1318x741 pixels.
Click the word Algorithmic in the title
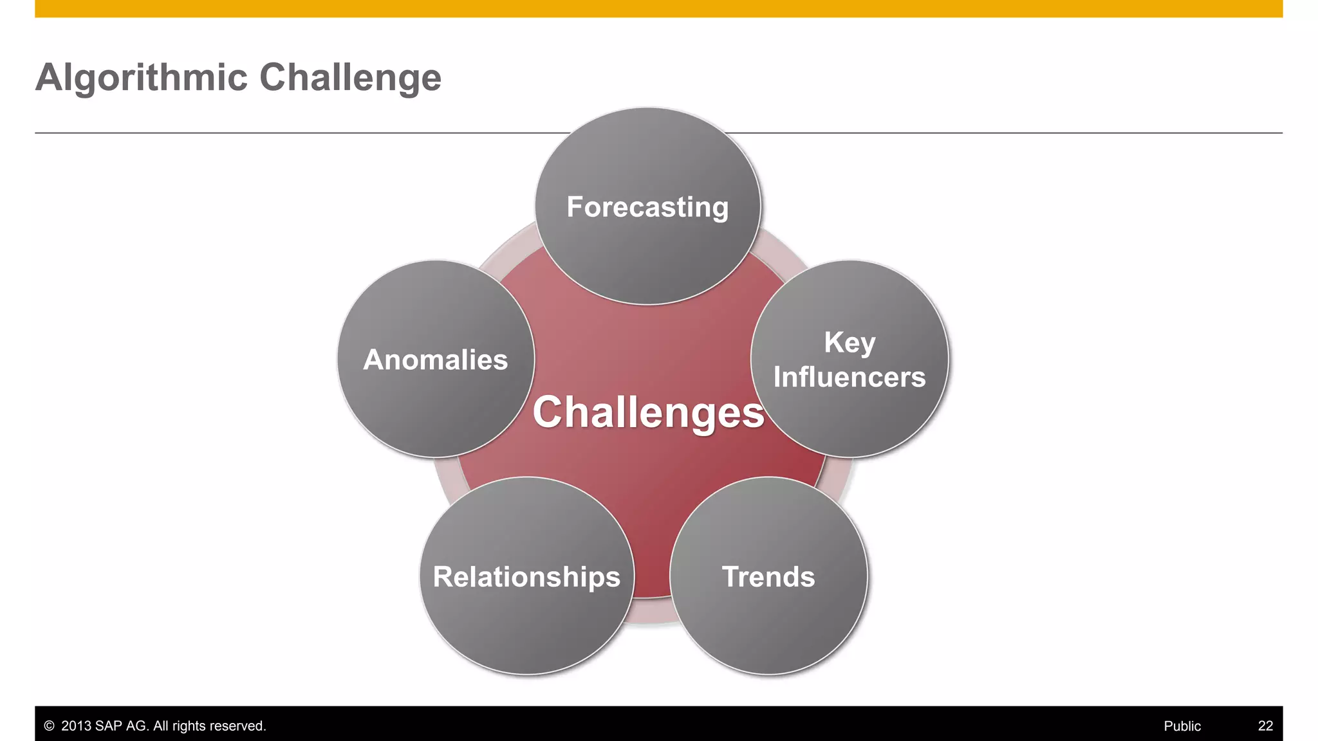tap(142, 78)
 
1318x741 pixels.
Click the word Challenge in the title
tap(350, 78)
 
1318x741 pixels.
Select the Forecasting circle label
tap(647, 207)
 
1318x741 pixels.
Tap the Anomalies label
tap(436, 360)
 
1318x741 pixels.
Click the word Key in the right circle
tap(849, 343)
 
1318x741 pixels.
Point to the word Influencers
tap(849, 377)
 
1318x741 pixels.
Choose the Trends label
tap(768, 577)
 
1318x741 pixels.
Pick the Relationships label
tap(526, 577)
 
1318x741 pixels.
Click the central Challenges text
tap(648, 412)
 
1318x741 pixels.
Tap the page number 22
tap(1265, 726)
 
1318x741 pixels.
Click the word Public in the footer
tap(1182, 726)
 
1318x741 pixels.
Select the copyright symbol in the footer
tap(49, 726)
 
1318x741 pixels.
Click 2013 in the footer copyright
tap(76, 726)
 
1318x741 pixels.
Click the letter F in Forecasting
tap(575, 207)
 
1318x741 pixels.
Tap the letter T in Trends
tap(730, 576)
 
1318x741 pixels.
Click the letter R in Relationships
tap(443, 576)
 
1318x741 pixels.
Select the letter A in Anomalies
tap(374, 360)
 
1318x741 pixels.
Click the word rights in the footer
tap(189, 726)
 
